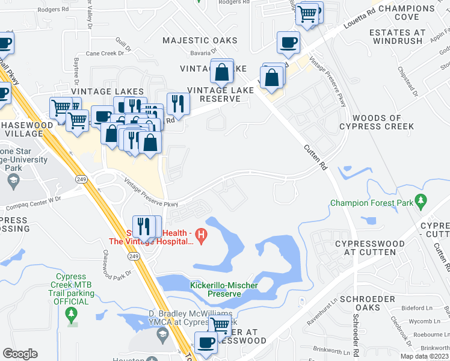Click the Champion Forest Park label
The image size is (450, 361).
(372, 203)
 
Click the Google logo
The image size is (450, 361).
(20, 354)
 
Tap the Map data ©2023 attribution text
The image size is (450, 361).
(425, 357)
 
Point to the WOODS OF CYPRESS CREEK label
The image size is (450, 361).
(377, 123)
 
